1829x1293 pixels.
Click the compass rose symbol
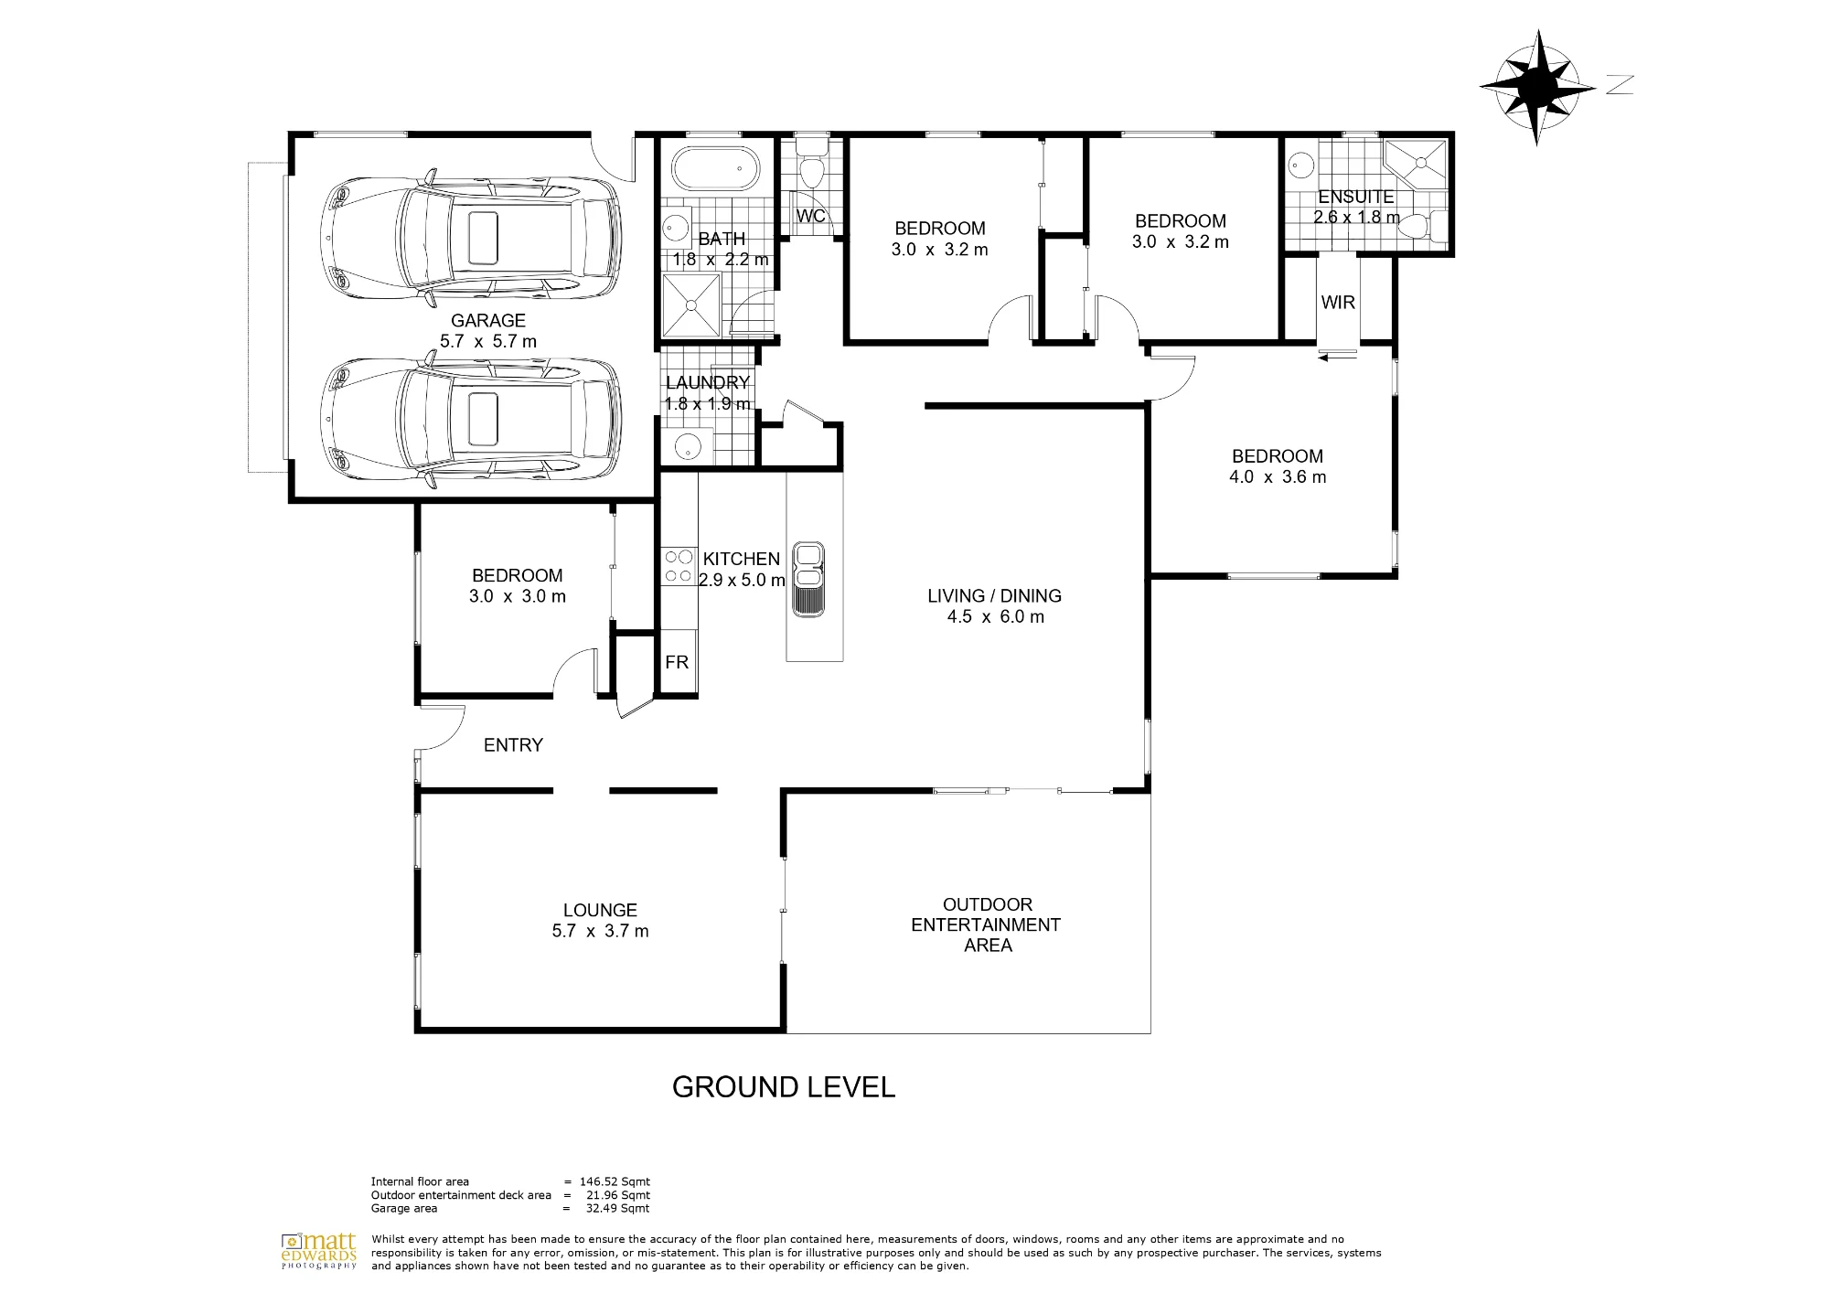click(x=1537, y=87)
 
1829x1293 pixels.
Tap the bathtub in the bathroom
click(x=715, y=169)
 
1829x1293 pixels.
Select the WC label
click(x=811, y=216)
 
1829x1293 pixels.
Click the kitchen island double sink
click(x=808, y=579)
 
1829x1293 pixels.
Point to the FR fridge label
click(x=677, y=662)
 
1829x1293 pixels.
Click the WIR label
click(x=1338, y=302)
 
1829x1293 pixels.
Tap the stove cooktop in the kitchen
click(x=679, y=565)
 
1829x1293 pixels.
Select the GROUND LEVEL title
click(x=784, y=1086)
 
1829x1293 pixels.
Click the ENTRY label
click(x=513, y=745)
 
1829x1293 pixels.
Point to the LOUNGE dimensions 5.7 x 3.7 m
click(x=600, y=931)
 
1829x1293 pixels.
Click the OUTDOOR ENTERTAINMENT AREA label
click(x=987, y=924)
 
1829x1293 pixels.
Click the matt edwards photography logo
click(x=318, y=1250)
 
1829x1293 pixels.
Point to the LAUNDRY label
click(x=708, y=382)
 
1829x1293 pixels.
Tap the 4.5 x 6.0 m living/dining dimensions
click(x=995, y=616)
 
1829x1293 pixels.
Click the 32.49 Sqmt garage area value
click(x=617, y=1208)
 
